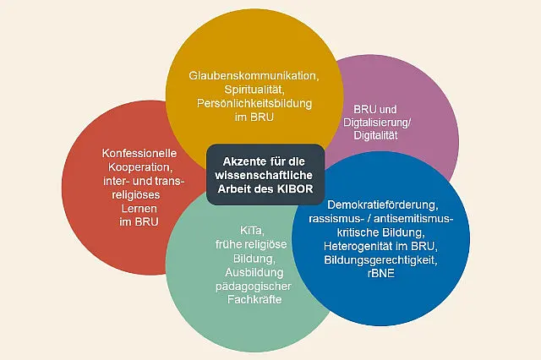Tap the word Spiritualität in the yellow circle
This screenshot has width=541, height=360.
(x=254, y=90)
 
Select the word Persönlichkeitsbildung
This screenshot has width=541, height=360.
(x=254, y=103)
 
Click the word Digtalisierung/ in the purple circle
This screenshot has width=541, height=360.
(x=377, y=123)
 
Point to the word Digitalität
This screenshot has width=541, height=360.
(x=375, y=135)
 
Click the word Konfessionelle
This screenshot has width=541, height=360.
(x=139, y=153)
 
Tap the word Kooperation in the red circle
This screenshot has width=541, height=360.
(x=139, y=167)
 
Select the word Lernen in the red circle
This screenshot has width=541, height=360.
(x=139, y=208)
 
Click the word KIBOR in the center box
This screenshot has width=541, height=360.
(x=295, y=189)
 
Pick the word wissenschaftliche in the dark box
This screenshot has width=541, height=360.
(x=264, y=175)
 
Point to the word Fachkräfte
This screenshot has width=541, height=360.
(x=254, y=299)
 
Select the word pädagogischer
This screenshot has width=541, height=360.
(x=254, y=286)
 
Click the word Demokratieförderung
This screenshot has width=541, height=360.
(x=383, y=205)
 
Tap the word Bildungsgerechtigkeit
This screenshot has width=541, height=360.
(x=381, y=259)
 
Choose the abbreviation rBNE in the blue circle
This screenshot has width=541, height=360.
(x=381, y=274)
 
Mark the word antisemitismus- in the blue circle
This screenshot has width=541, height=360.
(x=413, y=219)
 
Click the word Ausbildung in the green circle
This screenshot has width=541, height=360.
(x=254, y=272)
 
